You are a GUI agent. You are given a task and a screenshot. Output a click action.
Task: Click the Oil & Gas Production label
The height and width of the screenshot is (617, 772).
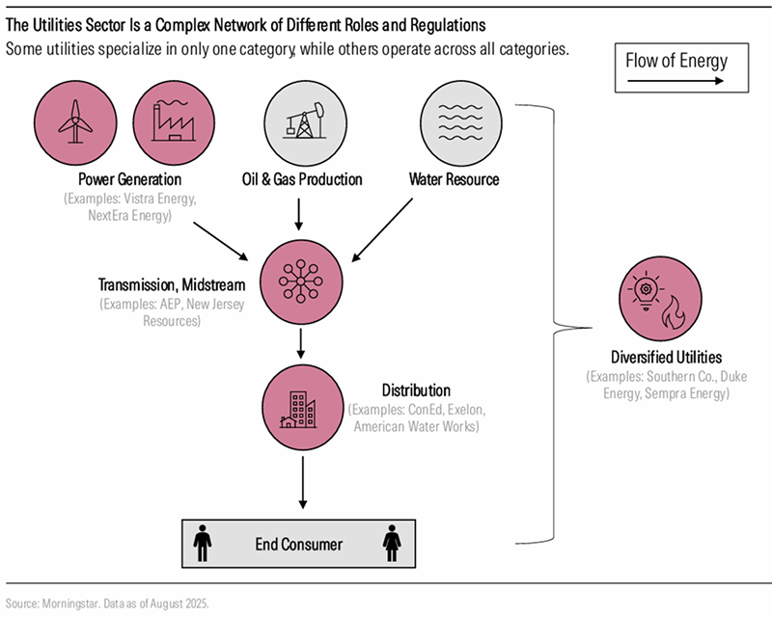click(x=302, y=179)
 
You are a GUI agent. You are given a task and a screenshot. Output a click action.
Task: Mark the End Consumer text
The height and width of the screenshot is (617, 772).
click(x=298, y=545)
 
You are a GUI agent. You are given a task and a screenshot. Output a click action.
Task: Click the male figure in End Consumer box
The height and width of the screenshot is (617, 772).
click(x=203, y=543)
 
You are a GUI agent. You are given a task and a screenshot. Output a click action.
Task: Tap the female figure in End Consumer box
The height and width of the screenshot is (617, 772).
click(x=394, y=543)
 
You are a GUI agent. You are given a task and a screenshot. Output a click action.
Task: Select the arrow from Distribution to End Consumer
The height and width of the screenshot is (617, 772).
click(x=303, y=482)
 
